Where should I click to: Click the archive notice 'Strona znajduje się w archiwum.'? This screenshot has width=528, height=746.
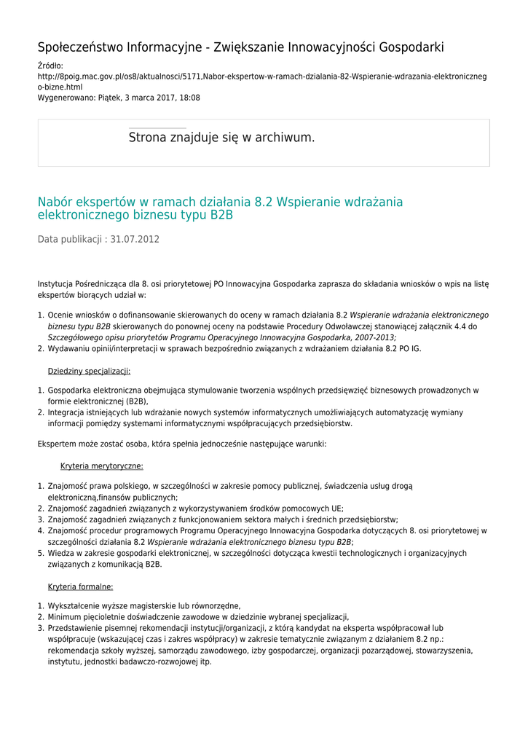[221, 137]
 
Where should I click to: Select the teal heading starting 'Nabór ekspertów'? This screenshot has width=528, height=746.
[220, 208]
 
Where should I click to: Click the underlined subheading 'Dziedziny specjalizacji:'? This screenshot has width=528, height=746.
[89, 371]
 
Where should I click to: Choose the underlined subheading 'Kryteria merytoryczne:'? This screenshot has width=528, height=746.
[102, 466]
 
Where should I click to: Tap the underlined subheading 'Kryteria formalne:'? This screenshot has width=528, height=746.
[80, 586]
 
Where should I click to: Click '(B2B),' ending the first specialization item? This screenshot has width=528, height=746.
[134, 401]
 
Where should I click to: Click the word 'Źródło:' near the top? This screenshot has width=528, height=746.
[50, 66]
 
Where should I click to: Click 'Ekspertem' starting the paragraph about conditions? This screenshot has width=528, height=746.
[58, 443]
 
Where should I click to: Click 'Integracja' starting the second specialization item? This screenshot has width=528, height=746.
[68, 412]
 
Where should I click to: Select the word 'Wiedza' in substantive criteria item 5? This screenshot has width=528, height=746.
[61, 553]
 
